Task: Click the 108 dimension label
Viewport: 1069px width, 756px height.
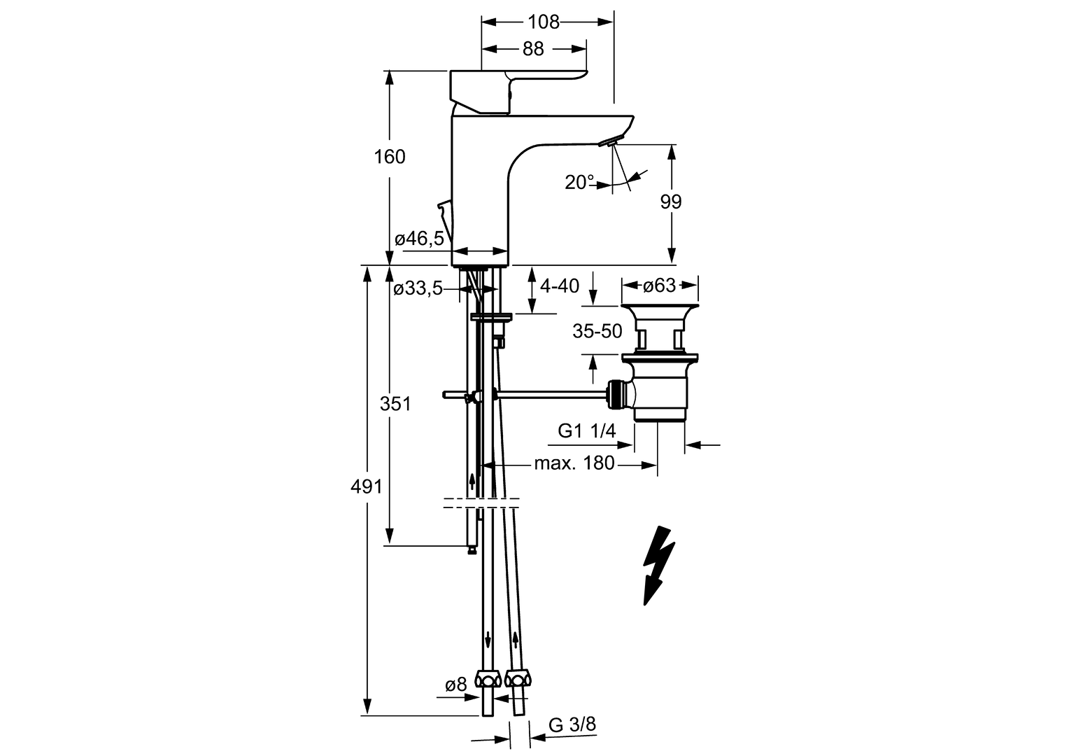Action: (544, 22)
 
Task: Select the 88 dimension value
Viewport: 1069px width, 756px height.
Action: (533, 48)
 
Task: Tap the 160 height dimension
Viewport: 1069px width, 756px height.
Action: (390, 156)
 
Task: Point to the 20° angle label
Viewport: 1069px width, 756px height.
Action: (579, 183)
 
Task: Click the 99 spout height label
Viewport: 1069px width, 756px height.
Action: (670, 202)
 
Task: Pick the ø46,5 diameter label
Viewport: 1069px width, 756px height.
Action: (419, 239)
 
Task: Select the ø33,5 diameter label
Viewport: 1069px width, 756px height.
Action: (418, 288)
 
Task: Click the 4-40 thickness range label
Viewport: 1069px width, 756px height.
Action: (560, 286)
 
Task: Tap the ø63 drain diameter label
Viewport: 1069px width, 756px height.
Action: (659, 286)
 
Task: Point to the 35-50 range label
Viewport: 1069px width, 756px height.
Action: (597, 331)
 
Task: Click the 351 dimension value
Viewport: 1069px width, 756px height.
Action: (395, 404)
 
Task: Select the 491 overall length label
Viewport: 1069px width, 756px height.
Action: (367, 486)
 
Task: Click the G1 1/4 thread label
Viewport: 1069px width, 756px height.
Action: (586, 431)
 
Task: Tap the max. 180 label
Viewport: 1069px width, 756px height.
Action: (574, 463)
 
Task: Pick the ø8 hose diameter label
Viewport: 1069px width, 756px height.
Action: (455, 685)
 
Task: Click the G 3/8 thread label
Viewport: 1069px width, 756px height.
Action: (572, 725)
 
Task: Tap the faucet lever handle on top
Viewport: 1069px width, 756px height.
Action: (518, 84)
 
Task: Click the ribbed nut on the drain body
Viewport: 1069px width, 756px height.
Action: (615, 393)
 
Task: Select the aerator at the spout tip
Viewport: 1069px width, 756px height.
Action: (609, 143)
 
